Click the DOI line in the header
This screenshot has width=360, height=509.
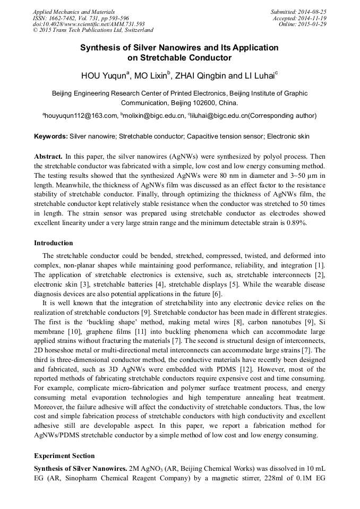(89, 24)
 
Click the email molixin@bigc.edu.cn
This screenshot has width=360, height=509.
(154, 115)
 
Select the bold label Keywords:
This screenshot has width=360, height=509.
(51, 136)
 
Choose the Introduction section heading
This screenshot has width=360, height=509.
(54, 243)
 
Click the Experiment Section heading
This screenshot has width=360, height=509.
(64, 456)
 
